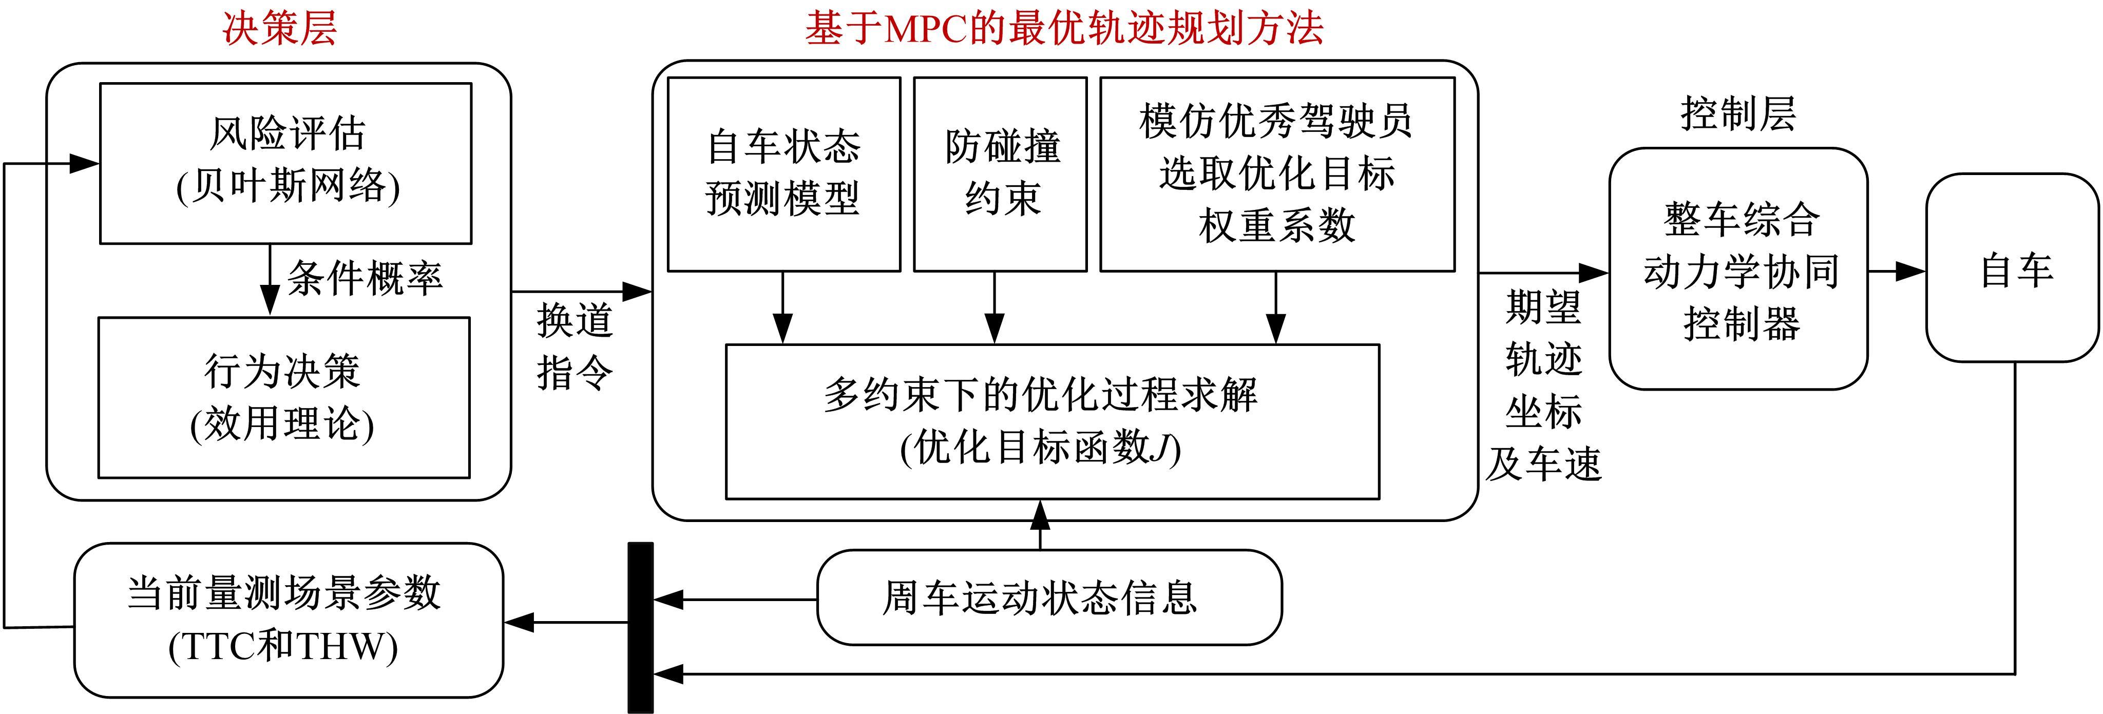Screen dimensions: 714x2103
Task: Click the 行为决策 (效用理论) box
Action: [x=283, y=397]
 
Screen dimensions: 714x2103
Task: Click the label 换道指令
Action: [x=575, y=346]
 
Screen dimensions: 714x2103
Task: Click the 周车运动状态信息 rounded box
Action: [x=1049, y=597]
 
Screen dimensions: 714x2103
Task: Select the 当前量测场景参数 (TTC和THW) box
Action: [x=288, y=620]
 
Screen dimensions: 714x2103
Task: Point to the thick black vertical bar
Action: [x=640, y=627]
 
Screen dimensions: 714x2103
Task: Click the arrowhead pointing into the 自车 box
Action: [x=1912, y=271]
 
